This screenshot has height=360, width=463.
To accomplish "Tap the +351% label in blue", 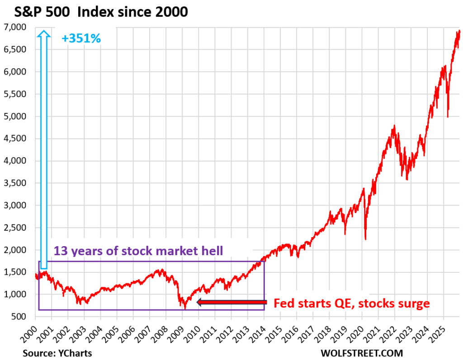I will [81, 38].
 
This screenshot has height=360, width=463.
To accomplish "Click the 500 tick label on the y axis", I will [24, 317].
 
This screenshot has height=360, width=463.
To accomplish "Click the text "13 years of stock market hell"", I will [138, 251].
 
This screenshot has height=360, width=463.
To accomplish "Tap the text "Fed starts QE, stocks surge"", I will [351, 303].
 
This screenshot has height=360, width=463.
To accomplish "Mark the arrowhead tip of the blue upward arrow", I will [43, 31].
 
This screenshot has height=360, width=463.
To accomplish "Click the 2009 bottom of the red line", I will [185, 309].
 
